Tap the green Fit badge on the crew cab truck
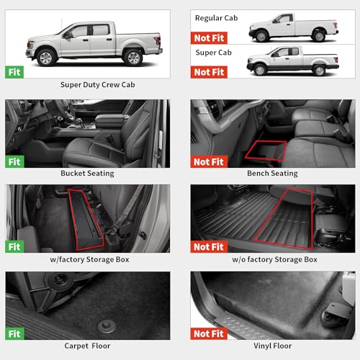14,72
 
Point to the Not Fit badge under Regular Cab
209,38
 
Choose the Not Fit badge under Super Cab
209,72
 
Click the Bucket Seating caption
88,174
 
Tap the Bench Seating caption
273,174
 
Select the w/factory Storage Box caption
88,259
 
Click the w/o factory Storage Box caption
273,259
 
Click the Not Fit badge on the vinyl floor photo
209,333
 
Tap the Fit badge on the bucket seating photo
14,162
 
